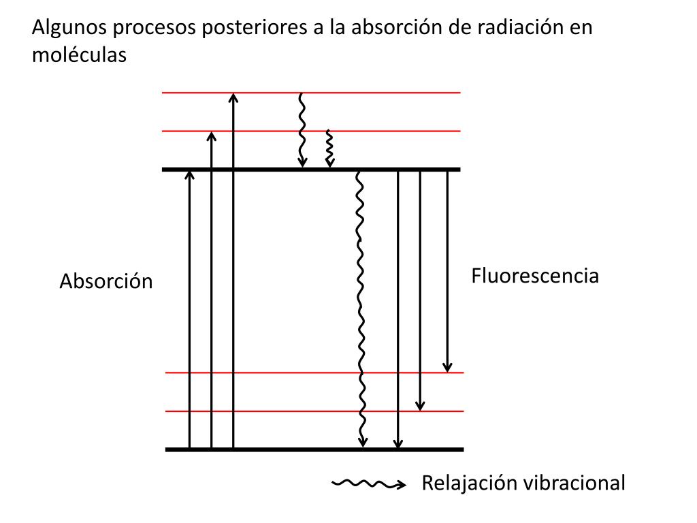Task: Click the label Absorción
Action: point(106,281)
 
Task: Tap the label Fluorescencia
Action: point(535,276)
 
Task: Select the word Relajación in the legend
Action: point(462,483)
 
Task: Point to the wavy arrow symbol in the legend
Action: point(368,484)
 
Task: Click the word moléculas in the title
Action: point(79,55)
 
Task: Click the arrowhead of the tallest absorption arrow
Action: point(233,97)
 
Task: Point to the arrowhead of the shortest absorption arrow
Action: point(189,174)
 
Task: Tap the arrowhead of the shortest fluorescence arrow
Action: point(447,367)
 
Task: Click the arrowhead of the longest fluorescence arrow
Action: point(398,444)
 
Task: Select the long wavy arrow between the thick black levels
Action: point(361,308)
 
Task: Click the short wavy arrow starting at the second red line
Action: point(329,148)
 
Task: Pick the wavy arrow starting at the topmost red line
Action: point(302,130)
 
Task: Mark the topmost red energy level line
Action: point(311,93)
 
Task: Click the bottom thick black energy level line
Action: point(314,449)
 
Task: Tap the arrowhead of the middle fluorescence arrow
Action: point(420,406)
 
